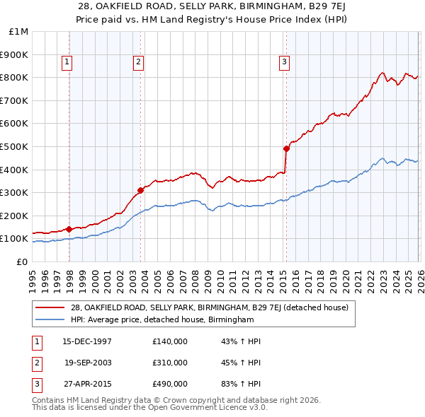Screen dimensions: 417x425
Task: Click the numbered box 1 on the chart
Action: [x=67, y=62]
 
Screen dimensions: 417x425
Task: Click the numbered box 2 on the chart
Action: [x=138, y=62]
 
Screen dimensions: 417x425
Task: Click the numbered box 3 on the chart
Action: [x=283, y=62]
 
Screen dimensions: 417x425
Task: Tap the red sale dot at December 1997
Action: [x=69, y=229]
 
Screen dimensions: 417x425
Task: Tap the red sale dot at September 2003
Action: [x=141, y=189]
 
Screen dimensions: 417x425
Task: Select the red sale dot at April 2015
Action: [x=286, y=148]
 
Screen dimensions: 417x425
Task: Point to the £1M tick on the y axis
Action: [x=19, y=32]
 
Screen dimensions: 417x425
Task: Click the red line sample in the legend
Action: [x=50, y=308]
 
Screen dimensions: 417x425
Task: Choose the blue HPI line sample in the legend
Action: [x=50, y=320]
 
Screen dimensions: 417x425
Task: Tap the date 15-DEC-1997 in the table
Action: [x=87, y=341]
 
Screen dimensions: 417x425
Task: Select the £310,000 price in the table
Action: [x=170, y=363]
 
